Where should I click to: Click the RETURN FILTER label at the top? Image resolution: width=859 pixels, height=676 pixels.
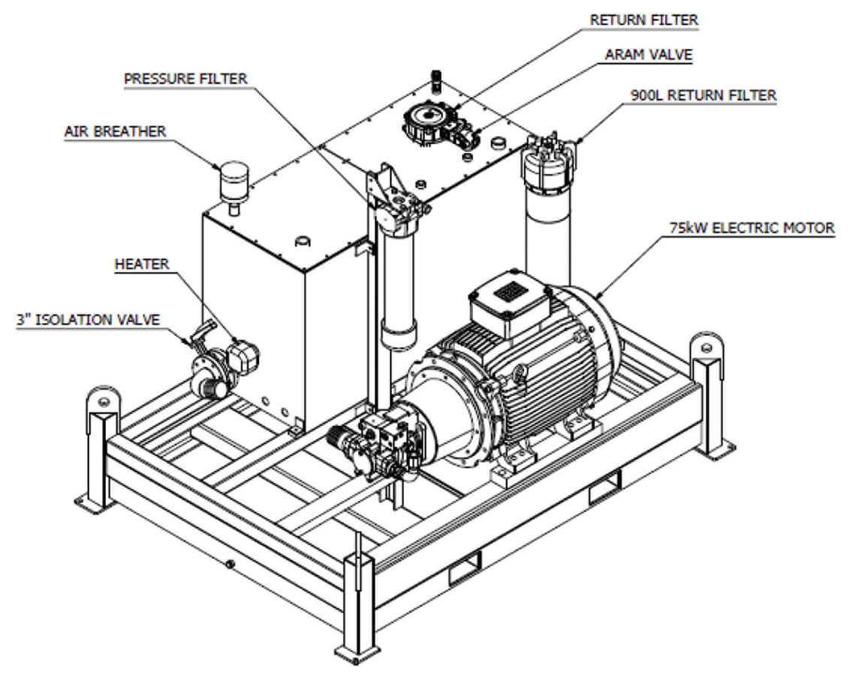point(643,20)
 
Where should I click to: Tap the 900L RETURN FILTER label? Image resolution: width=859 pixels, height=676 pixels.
point(703,95)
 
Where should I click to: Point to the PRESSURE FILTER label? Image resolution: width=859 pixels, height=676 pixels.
point(185,78)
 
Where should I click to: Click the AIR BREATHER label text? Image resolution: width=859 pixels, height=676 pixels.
point(115,131)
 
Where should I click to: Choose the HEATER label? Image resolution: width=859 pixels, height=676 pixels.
point(142,264)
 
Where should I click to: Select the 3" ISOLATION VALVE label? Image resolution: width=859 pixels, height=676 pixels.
point(88,319)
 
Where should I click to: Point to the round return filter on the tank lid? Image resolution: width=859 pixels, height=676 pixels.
point(426,119)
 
